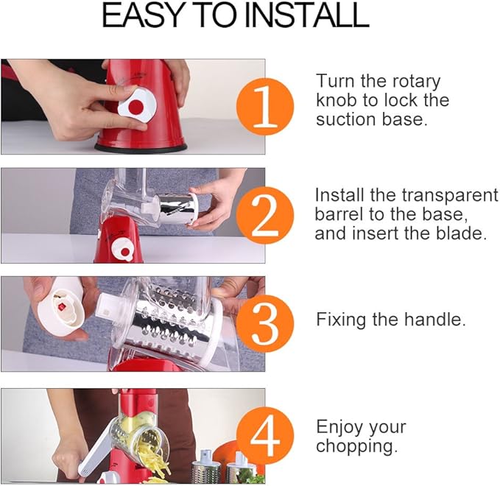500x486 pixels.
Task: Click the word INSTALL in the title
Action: point(307,15)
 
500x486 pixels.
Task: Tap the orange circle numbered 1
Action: point(265,107)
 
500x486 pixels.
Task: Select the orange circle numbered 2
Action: point(265,216)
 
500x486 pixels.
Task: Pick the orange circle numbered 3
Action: point(265,324)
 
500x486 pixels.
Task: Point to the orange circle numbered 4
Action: point(265,436)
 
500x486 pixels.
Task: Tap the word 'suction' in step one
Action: point(347,119)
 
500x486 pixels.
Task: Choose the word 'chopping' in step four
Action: point(357,446)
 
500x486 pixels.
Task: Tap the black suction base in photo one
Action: point(141,148)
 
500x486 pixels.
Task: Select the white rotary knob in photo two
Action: point(123,250)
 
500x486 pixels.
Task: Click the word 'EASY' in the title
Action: point(141,15)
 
